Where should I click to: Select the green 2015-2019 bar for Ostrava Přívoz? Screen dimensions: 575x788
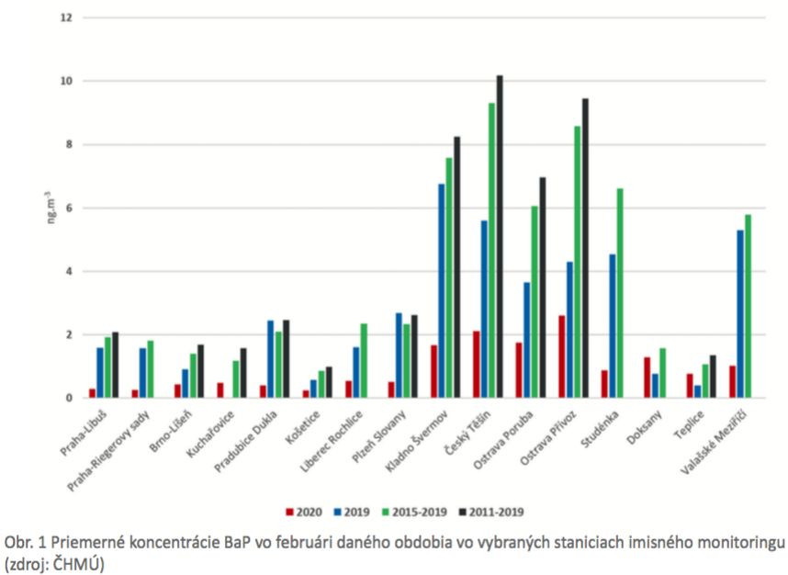point(578,262)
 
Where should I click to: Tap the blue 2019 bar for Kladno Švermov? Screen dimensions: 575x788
point(441,290)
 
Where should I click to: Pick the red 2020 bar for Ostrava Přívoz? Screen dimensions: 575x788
point(562,356)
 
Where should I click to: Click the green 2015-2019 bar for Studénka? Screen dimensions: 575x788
point(620,293)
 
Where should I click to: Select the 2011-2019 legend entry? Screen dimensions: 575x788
point(498,512)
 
